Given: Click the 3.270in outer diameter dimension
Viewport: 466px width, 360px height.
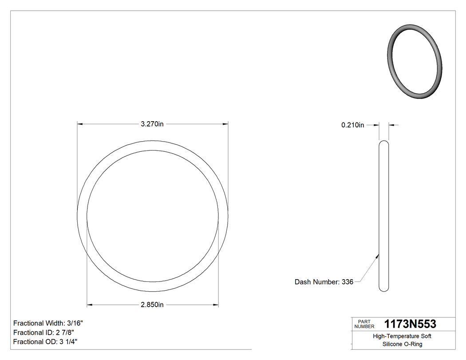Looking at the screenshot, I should [x=152, y=124].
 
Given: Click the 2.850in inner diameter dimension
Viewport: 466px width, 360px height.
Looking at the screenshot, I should [x=152, y=305].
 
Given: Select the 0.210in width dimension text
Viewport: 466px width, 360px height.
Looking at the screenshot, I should [x=352, y=125].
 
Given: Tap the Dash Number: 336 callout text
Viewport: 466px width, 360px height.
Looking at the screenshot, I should [x=324, y=282].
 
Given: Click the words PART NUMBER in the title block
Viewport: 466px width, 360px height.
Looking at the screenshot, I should [x=363, y=324].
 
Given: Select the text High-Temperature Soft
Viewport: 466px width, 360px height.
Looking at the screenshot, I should [x=402, y=336].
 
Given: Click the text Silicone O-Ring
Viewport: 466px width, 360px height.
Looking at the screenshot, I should [x=402, y=344].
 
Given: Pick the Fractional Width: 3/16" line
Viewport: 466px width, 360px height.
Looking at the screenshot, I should [x=48, y=323].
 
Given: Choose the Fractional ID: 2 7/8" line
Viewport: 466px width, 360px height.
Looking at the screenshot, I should [x=43, y=332].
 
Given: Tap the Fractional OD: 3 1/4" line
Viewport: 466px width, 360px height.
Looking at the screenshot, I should [x=46, y=342].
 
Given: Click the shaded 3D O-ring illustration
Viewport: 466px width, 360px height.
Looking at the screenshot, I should [x=415, y=61].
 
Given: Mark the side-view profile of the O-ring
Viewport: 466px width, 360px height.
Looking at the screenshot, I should [x=384, y=216].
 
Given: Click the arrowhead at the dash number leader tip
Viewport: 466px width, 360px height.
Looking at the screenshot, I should [x=377, y=255].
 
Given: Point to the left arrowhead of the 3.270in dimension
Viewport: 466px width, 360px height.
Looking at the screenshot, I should [x=80, y=124].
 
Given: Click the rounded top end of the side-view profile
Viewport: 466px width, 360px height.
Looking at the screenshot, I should [x=384, y=143].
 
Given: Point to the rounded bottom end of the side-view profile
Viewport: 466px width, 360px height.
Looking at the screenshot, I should [x=384, y=289].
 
